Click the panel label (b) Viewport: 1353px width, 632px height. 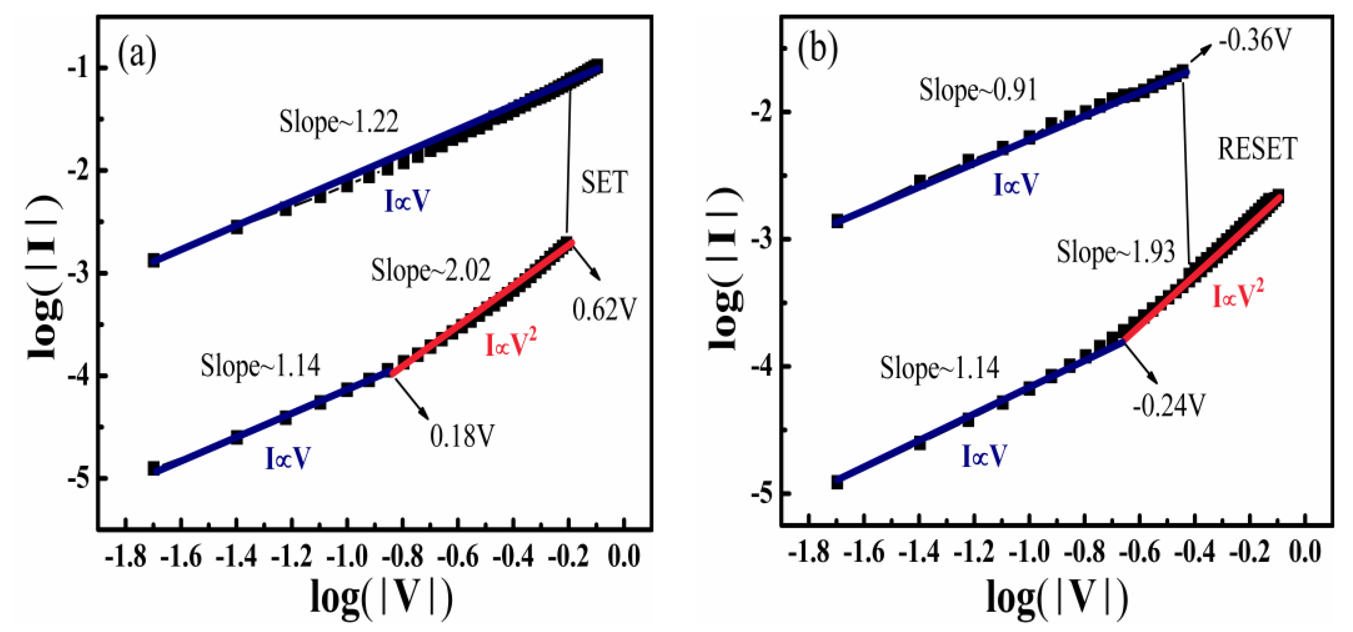817,49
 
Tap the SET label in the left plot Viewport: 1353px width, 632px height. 604,183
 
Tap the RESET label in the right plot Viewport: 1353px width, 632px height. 1257,149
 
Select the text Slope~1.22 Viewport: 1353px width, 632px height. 339,122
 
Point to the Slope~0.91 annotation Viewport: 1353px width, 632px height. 978,90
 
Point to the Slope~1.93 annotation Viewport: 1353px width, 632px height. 1116,252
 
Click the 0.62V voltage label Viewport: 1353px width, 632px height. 604,310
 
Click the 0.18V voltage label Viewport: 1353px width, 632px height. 462,436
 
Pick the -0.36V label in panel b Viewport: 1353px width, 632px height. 1254,40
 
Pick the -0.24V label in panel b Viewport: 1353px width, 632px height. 1169,406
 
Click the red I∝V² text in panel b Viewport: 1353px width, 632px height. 1237,294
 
